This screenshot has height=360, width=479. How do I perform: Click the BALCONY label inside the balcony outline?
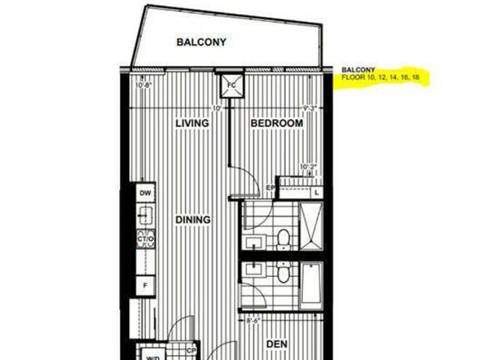coord(201,42)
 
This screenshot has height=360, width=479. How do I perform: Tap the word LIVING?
coord(192,122)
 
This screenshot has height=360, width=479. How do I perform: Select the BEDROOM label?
coord(277,122)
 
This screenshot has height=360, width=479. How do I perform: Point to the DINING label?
coord(193,220)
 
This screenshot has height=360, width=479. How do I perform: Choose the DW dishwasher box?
coord(145,193)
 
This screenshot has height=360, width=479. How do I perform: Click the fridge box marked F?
coord(145,286)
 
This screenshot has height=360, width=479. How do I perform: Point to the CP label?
coord(192,349)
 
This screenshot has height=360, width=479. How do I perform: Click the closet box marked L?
coord(317,192)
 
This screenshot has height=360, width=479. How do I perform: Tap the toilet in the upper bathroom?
coord(283,238)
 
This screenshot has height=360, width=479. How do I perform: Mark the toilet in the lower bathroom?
coord(283,274)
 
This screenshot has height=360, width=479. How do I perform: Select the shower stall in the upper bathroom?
coord(310,225)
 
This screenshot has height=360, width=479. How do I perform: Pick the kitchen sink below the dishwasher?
coord(145,216)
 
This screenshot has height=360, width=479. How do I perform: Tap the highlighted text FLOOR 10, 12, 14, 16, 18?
coord(380,77)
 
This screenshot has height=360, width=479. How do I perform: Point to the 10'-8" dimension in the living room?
coord(144,85)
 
